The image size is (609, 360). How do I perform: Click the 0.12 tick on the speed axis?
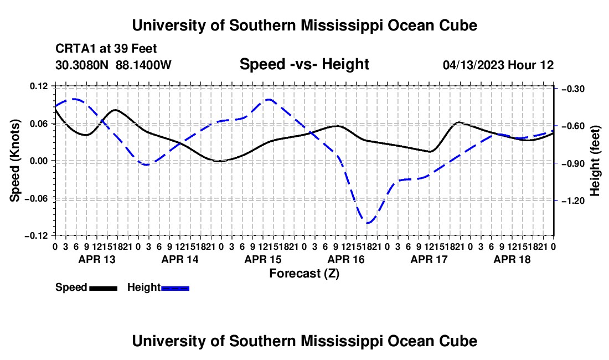[x=39, y=86]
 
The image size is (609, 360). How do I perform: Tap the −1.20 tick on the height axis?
[x=573, y=201]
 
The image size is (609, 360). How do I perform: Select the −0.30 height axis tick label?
[x=573, y=89]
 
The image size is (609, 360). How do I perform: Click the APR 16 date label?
[x=346, y=259]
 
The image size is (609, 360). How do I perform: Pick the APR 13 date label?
[x=97, y=259]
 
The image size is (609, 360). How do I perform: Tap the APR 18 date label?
[x=512, y=259]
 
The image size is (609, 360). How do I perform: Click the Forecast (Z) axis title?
[x=304, y=274]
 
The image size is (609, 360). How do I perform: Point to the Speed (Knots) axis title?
[x=15, y=161]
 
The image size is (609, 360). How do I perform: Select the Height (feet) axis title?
[x=595, y=161]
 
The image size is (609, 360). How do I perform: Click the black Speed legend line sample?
[x=104, y=288]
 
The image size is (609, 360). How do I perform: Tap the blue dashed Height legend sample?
[x=175, y=288]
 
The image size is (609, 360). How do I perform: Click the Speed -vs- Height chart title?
[x=304, y=64]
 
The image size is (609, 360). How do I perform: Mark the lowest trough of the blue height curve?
[x=368, y=223]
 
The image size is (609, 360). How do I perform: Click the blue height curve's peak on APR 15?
[x=269, y=100]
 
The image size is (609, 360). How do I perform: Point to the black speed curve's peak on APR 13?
[x=115, y=110]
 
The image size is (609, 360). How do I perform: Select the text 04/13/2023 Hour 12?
[x=498, y=65]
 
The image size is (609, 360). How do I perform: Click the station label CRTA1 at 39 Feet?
[x=106, y=49]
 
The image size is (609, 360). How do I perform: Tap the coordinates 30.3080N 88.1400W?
[x=113, y=65]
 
